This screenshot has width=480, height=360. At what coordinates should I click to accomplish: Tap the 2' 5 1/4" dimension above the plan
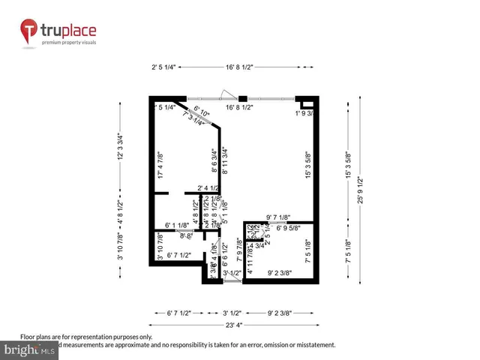163,67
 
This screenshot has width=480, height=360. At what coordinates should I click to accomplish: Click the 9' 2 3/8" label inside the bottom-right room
280,273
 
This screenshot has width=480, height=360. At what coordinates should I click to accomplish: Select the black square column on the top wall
242,97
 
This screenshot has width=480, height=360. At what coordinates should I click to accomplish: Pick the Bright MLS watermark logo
28,349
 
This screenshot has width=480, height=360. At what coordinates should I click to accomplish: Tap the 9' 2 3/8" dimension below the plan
280,312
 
